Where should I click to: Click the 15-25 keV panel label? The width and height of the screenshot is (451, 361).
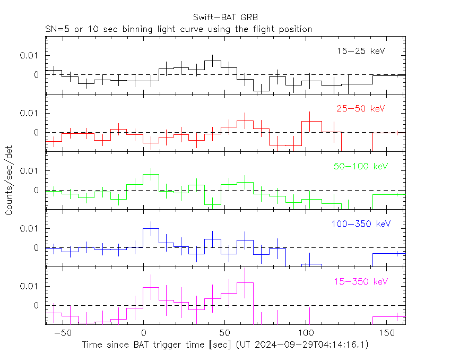[361, 51]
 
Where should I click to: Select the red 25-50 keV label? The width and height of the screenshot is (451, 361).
[361, 108]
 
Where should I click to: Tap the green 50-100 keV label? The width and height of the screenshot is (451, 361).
[361, 166]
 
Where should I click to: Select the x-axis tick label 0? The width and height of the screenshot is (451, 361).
[144, 333]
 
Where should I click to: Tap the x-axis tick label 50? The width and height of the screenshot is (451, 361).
[225, 333]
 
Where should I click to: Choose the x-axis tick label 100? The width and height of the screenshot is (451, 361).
[306, 333]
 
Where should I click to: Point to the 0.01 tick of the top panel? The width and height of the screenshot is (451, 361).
[29, 55]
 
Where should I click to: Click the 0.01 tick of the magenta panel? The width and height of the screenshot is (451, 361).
[29, 286]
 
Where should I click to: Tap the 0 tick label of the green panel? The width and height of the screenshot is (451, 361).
[36, 190]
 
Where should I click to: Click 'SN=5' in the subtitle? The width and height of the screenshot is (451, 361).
[56, 29]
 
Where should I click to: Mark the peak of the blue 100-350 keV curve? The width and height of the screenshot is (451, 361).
[151, 229]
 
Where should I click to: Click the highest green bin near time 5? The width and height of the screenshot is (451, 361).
[151, 174]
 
